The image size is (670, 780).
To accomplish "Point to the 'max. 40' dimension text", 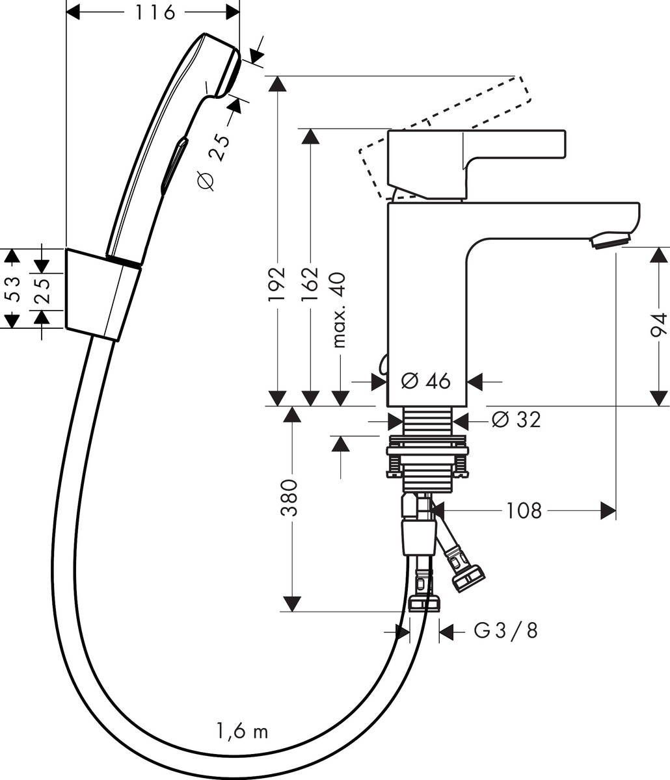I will [340, 310].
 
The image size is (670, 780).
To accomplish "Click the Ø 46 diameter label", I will [426, 381].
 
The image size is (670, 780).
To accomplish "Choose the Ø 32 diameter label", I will [516, 420].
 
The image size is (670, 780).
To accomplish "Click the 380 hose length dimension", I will [290, 497].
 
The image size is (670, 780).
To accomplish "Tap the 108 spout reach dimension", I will [524, 511].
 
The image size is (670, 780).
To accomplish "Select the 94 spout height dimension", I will [660, 325].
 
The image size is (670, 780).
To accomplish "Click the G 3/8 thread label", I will [505, 630].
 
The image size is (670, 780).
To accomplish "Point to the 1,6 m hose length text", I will [241, 732].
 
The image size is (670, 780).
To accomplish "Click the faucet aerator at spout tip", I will [610, 242].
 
